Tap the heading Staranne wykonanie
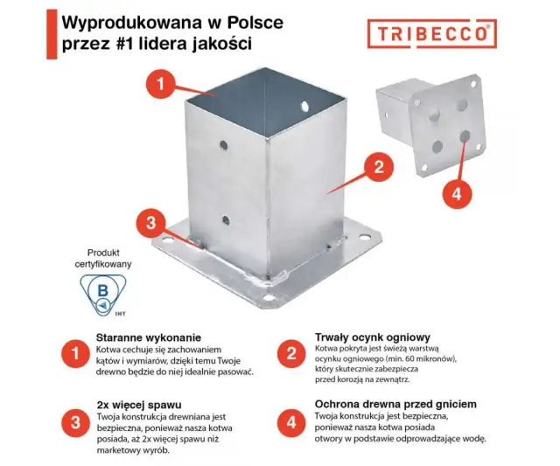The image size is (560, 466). (149, 337)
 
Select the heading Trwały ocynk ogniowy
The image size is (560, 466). (372, 337)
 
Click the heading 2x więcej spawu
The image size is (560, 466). (138, 405)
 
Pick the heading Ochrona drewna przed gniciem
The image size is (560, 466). (395, 405)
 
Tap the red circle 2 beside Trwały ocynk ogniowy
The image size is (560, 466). (290, 354)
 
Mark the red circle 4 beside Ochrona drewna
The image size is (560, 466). (290, 422)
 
